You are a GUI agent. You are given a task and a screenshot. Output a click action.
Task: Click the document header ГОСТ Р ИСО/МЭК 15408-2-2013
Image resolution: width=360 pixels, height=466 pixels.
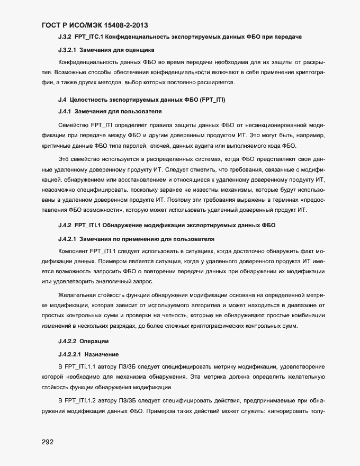[94, 25]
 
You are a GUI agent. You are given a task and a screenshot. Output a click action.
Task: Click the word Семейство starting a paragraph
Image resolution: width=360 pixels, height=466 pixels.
[73, 125]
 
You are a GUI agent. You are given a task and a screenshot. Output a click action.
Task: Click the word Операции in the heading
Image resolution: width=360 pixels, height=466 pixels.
[94, 340]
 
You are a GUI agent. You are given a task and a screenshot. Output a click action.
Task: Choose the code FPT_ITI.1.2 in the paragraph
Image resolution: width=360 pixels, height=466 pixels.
[84, 400]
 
